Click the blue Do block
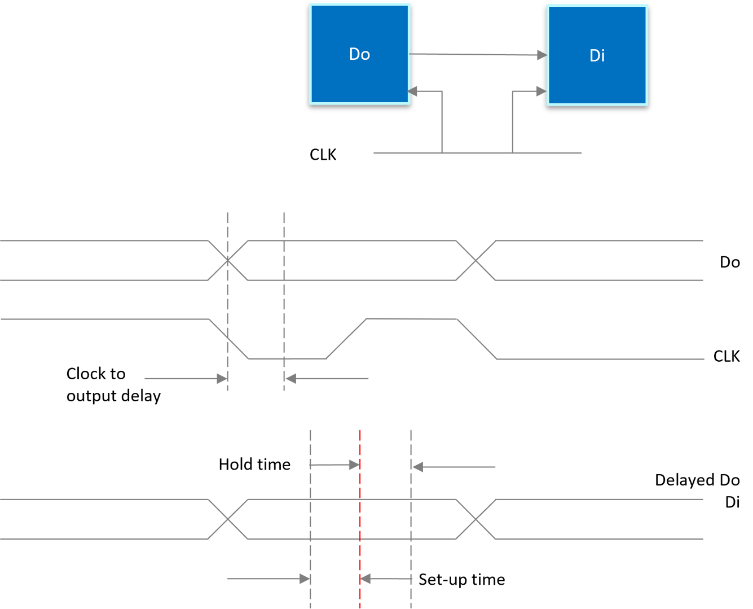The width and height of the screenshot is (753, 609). pyautogui.click(x=359, y=55)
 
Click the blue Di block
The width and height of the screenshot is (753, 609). pyautogui.click(x=597, y=55)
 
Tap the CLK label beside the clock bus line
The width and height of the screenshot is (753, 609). pyautogui.click(x=323, y=155)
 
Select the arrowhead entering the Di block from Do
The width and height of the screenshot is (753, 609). pyautogui.click(x=541, y=55)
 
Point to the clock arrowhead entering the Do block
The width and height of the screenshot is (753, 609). pyautogui.click(x=413, y=91)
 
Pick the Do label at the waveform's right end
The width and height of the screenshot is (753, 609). pyautogui.click(x=729, y=262)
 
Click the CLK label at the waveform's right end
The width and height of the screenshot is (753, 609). pyautogui.click(x=726, y=356)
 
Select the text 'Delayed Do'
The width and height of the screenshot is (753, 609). pyautogui.click(x=697, y=480)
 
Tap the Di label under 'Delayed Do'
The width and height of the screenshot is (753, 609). pyautogui.click(x=732, y=502)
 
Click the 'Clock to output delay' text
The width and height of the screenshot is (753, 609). pyautogui.click(x=113, y=385)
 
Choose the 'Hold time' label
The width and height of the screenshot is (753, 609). pyautogui.click(x=254, y=465)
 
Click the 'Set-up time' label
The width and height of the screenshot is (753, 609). pyautogui.click(x=461, y=580)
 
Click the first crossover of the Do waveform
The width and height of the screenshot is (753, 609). pyautogui.click(x=228, y=260)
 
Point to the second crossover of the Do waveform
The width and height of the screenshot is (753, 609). pyautogui.click(x=476, y=260)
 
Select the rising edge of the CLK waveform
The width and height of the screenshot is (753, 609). pyautogui.click(x=347, y=339)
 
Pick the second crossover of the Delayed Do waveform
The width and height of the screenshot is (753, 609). pyautogui.click(x=476, y=519)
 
